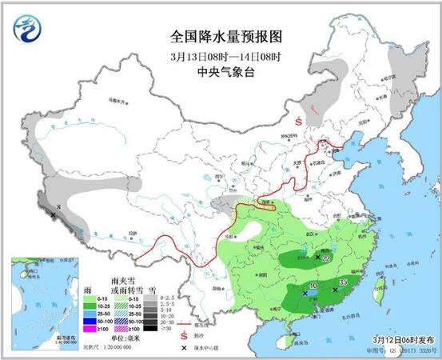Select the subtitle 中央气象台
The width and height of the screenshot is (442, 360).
220,70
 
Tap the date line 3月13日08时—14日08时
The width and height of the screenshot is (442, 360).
220,54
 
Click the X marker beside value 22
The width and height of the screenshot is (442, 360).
318,258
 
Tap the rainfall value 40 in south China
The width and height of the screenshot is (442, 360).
313,286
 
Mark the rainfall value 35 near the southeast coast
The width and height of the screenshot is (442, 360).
344,282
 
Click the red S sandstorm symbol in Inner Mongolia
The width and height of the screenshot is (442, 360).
297,122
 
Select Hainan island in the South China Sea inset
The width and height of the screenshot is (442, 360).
25,274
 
